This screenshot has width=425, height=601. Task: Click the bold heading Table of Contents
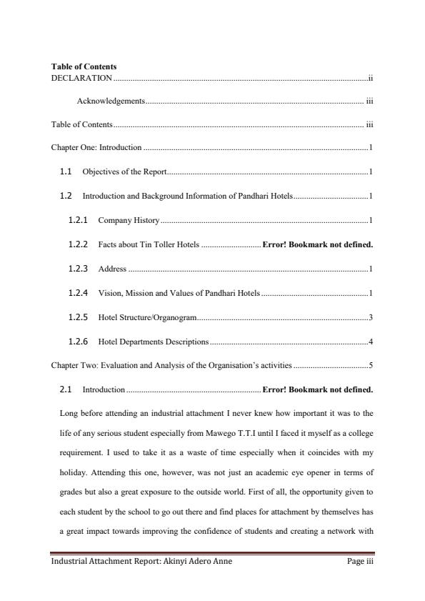click(x=84, y=66)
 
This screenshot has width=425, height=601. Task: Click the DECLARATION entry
click(x=81, y=77)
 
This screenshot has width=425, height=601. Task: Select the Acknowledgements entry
click(x=111, y=101)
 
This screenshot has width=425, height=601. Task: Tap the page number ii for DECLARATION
click(x=370, y=77)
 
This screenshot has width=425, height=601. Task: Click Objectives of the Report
click(x=125, y=172)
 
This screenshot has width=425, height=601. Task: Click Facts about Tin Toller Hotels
click(x=149, y=245)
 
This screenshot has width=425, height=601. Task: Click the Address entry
click(x=112, y=269)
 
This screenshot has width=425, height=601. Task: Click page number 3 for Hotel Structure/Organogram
click(x=371, y=317)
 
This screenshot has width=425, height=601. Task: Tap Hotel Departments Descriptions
click(x=154, y=342)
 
